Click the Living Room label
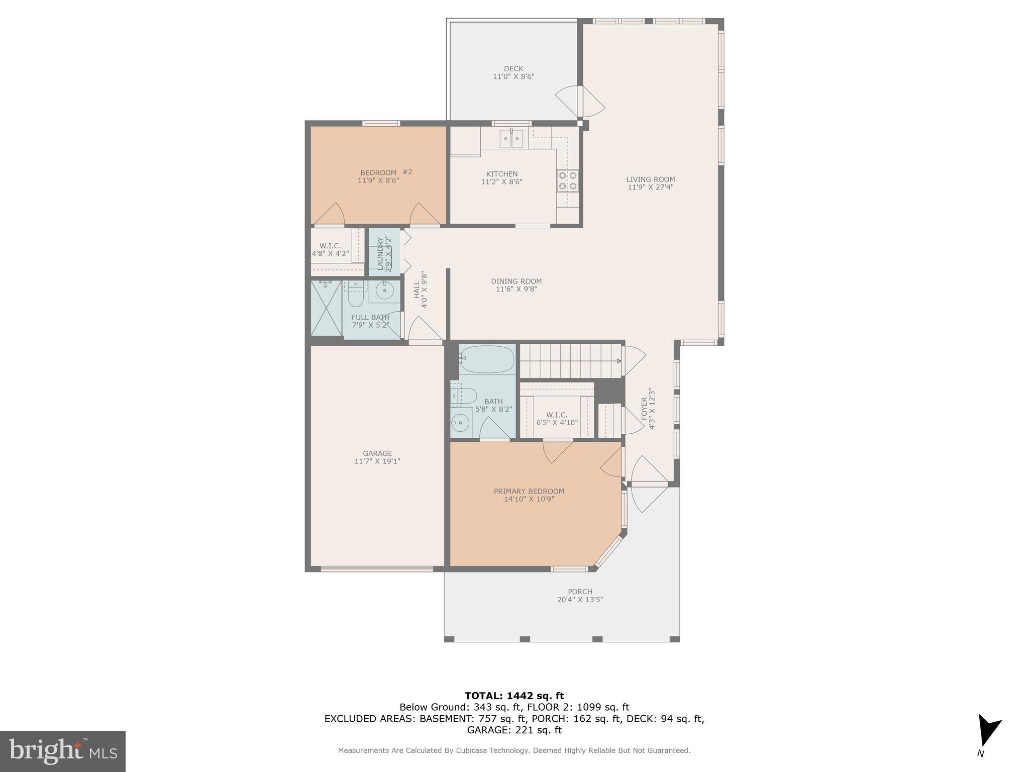[x=650, y=179]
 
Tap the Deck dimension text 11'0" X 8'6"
[x=513, y=77]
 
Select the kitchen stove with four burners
[x=567, y=181]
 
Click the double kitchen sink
[x=511, y=138]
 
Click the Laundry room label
[x=380, y=253]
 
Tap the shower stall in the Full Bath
[x=326, y=308]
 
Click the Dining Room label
[x=516, y=281]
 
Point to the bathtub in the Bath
[x=486, y=359]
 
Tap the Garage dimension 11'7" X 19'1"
[x=377, y=461]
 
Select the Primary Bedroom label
[x=529, y=492]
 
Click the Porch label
[x=580, y=592]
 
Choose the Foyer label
[x=645, y=408]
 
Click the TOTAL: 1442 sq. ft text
[x=514, y=696]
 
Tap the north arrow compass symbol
[x=988, y=731]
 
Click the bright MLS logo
[x=63, y=751]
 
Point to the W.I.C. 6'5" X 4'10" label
[x=557, y=419]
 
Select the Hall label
[x=417, y=290]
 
